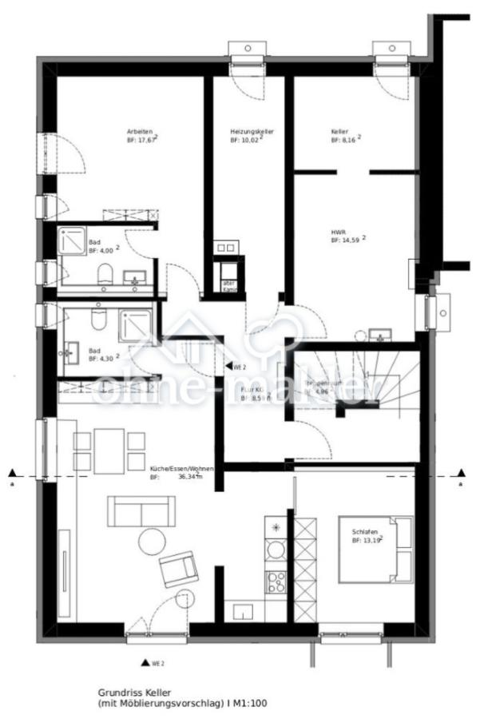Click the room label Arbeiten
click(139, 131)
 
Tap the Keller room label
click(340, 131)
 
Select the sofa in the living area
click(142, 510)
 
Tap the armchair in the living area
click(178, 570)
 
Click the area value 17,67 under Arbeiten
click(146, 140)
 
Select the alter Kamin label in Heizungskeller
click(229, 285)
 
